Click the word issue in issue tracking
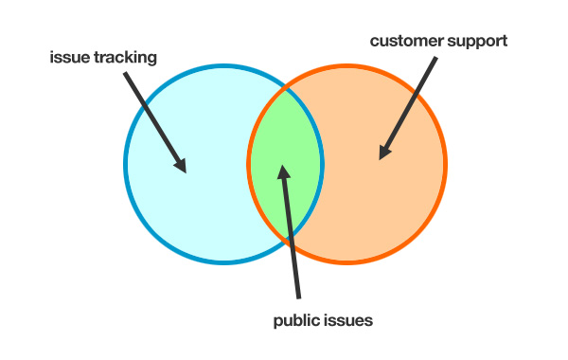67,57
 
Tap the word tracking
122,58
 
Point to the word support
479,42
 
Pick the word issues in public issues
348,320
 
